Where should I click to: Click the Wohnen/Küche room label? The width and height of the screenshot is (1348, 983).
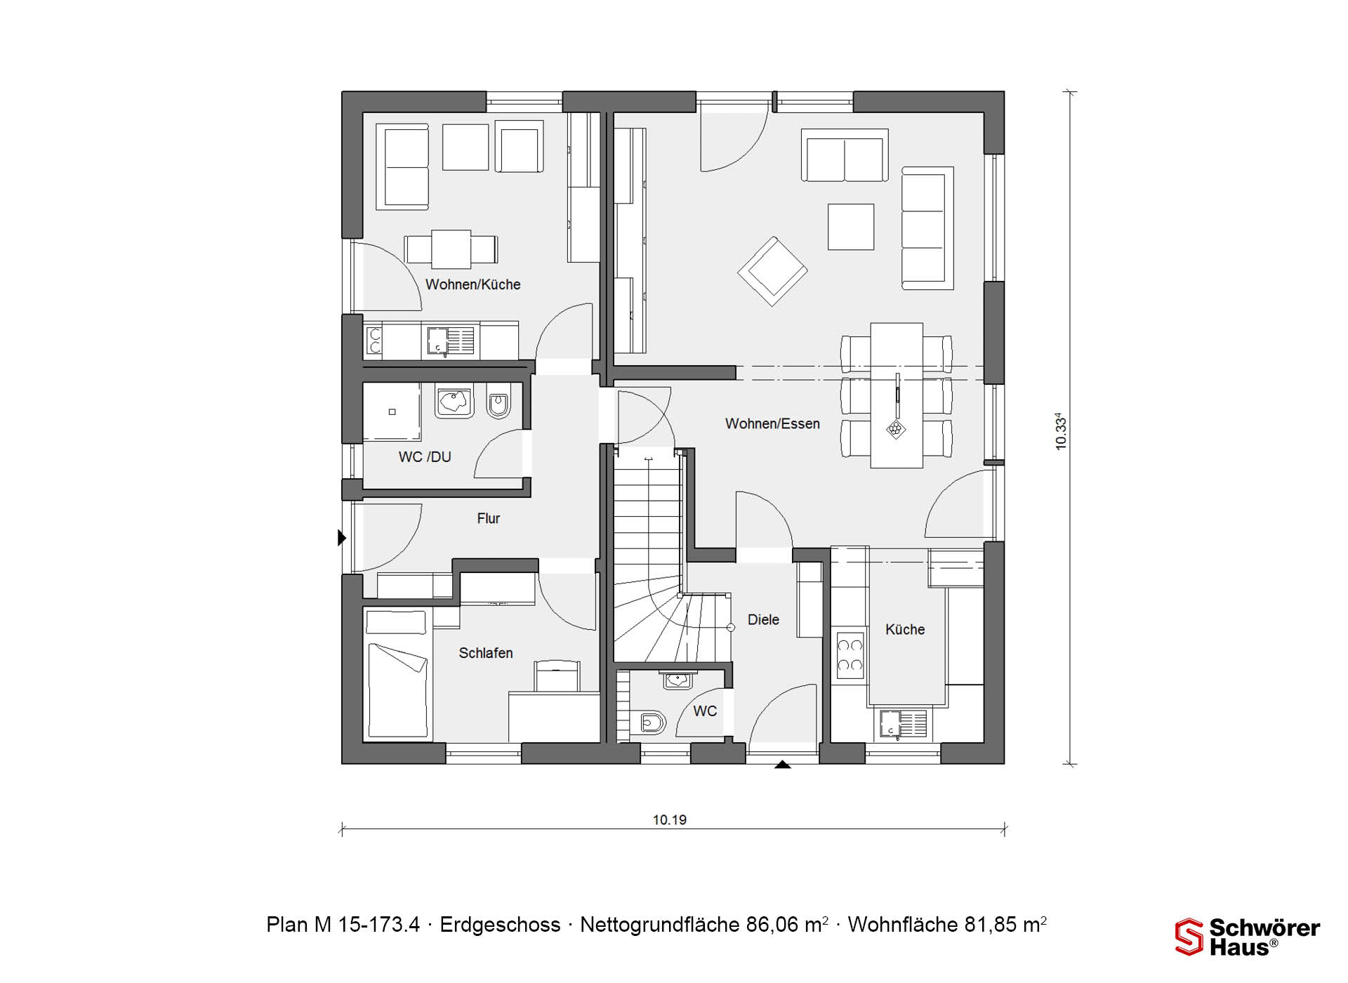[x=473, y=284]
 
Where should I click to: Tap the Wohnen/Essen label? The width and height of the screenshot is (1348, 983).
[x=772, y=423]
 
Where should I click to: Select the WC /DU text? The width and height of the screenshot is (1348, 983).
[x=425, y=456]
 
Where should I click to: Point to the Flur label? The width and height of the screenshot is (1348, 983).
[x=489, y=518]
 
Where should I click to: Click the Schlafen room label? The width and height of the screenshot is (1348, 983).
[x=486, y=653]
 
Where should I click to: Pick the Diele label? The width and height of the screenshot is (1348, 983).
[x=763, y=619]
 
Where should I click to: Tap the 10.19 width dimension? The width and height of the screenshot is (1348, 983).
[x=670, y=819]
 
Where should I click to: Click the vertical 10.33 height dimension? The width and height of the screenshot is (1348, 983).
[x=1061, y=431]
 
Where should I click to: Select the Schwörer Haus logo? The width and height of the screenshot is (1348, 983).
[x=1248, y=937]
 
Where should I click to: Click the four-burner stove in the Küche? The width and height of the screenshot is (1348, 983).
[x=850, y=656]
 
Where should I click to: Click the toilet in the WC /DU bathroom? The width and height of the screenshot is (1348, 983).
[x=498, y=401]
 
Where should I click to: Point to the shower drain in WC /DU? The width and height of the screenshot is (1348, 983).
[x=392, y=412]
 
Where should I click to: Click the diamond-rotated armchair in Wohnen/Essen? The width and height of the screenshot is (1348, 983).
[x=772, y=271]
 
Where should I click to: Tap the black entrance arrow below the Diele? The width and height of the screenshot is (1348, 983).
[x=782, y=765]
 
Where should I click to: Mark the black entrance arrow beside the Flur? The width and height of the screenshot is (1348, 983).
[x=342, y=538]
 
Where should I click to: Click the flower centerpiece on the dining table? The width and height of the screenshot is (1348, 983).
[x=896, y=428]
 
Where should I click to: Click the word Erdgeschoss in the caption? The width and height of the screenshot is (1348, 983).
[x=500, y=925]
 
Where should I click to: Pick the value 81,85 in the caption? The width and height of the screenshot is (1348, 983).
[x=991, y=925]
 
